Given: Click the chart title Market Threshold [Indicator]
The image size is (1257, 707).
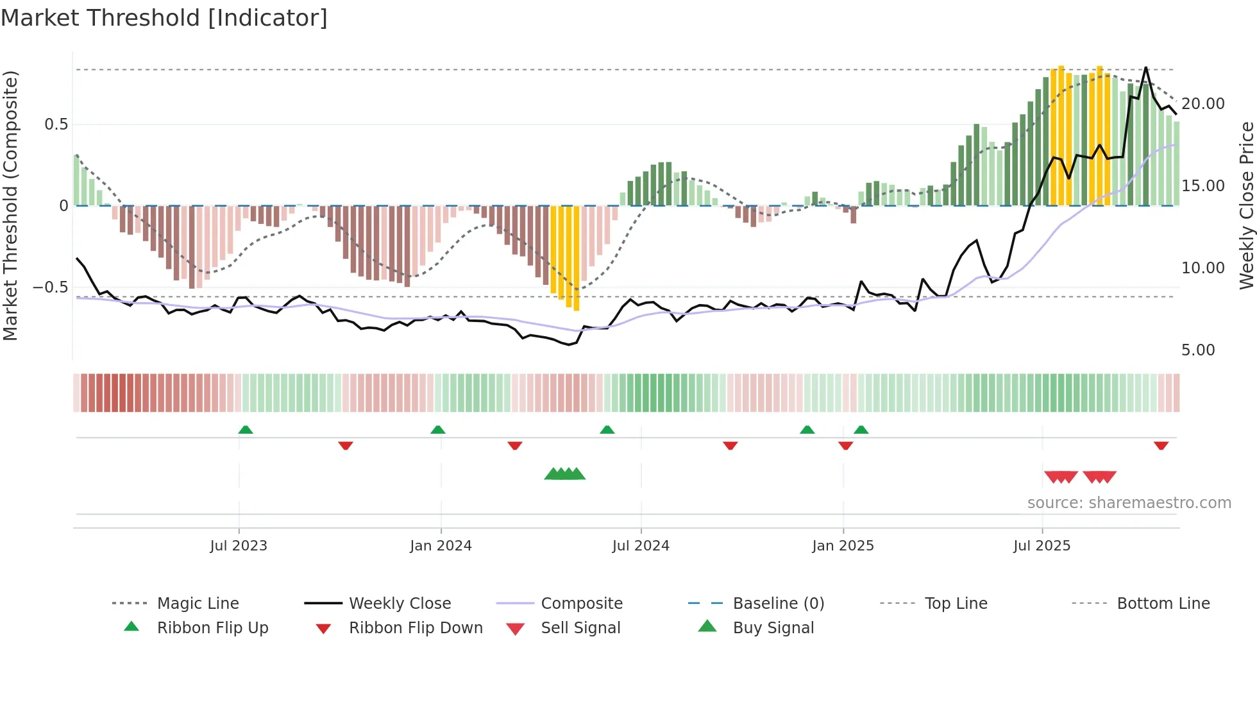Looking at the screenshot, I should pyautogui.click(x=164, y=18).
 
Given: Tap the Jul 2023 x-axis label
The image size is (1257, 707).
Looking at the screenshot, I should pyautogui.click(x=239, y=546).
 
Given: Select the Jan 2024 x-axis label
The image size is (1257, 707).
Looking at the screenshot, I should pyautogui.click(x=441, y=546).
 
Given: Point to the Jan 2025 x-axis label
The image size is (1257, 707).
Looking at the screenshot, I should pyautogui.click(x=843, y=546).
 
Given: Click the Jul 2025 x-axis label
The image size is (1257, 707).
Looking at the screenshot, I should pyautogui.click(x=1042, y=546).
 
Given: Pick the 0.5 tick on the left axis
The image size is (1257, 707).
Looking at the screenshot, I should pyautogui.click(x=56, y=124).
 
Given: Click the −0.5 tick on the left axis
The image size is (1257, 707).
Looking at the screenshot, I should pyautogui.click(x=51, y=287).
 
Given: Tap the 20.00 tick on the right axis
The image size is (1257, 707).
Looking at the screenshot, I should pyautogui.click(x=1203, y=104).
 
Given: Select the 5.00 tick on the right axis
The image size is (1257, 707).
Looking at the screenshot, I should pyautogui.click(x=1198, y=350).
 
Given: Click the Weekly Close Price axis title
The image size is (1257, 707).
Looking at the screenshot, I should pyautogui.click(x=1246, y=205).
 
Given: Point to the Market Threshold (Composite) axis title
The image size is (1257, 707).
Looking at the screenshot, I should pyautogui.click(x=10, y=205).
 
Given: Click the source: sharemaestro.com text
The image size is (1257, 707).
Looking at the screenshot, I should pyautogui.click(x=1129, y=503).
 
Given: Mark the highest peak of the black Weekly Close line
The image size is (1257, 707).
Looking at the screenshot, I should pyautogui.click(x=1146, y=67).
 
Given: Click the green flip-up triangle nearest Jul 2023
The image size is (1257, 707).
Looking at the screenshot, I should pyautogui.click(x=246, y=430).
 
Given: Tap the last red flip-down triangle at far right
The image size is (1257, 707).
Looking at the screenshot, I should pyautogui.click(x=1161, y=445).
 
